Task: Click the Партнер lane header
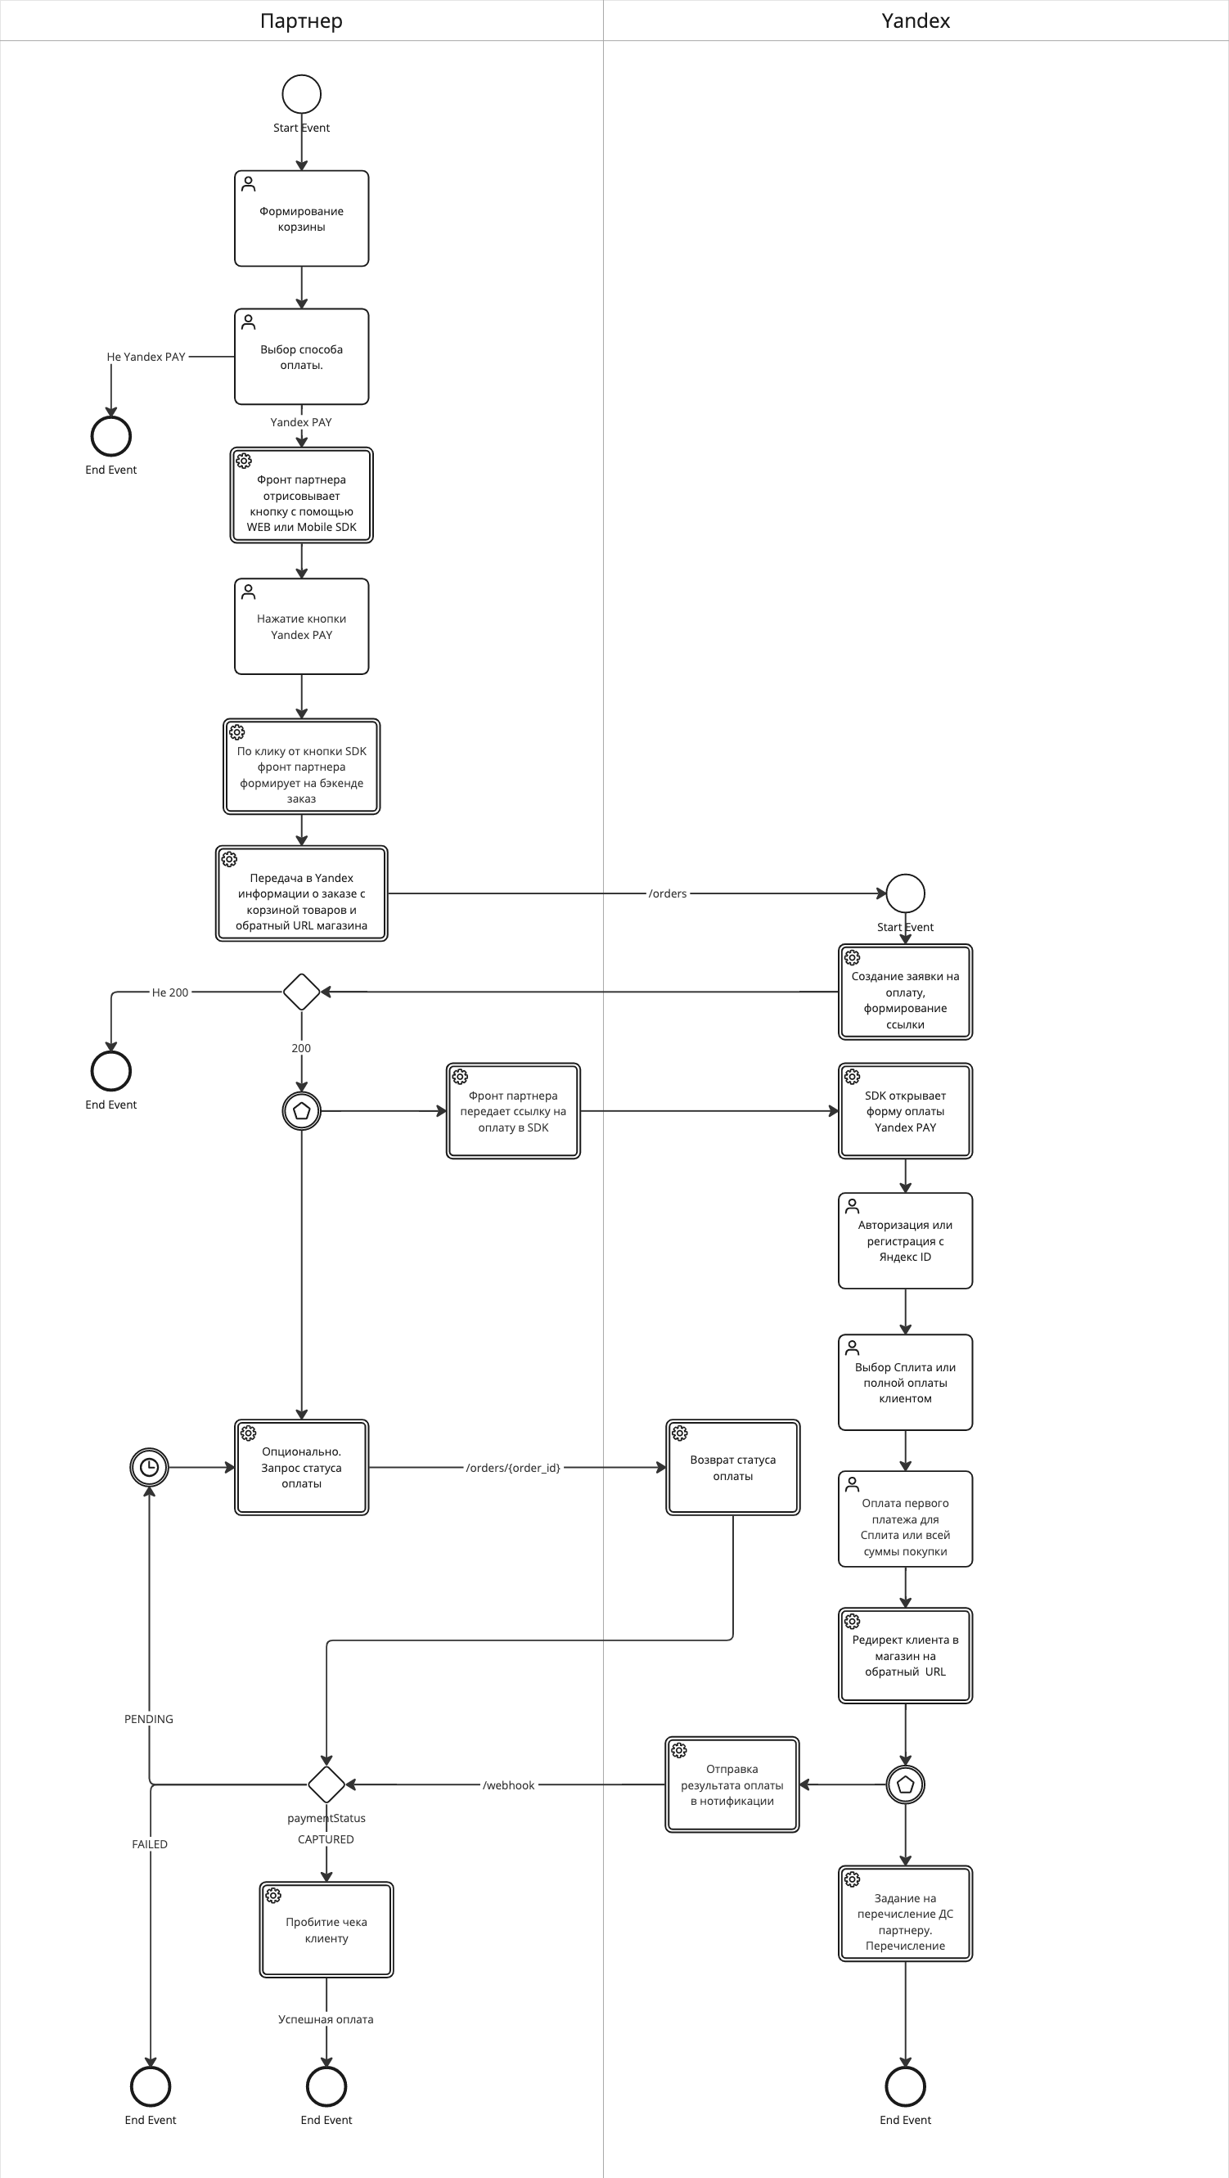coord(301,20)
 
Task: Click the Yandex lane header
coord(915,20)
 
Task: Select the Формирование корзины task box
coord(301,219)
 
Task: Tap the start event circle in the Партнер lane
coord(301,94)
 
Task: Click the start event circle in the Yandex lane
coord(905,893)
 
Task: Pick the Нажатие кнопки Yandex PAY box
coord(301,627)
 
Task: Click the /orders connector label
coord(668,893)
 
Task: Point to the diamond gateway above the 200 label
coord(301,992)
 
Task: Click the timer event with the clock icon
coord(149,1467)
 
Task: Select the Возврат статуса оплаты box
coord(732,1467)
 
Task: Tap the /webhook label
coord(508,1784)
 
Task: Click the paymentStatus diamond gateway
coord(326,1784)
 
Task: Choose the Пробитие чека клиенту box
coord(326,1929)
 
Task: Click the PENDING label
coord(149,1719)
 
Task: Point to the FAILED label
coord(150,1844)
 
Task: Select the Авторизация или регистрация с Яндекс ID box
coord(905,1240)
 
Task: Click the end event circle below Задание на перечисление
coord(905,2086)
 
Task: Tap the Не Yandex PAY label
coord(146,357)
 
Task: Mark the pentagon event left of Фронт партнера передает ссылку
coord(301,1111)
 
